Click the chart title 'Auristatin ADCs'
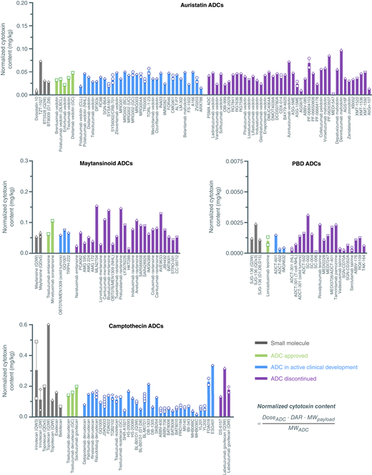185,6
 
